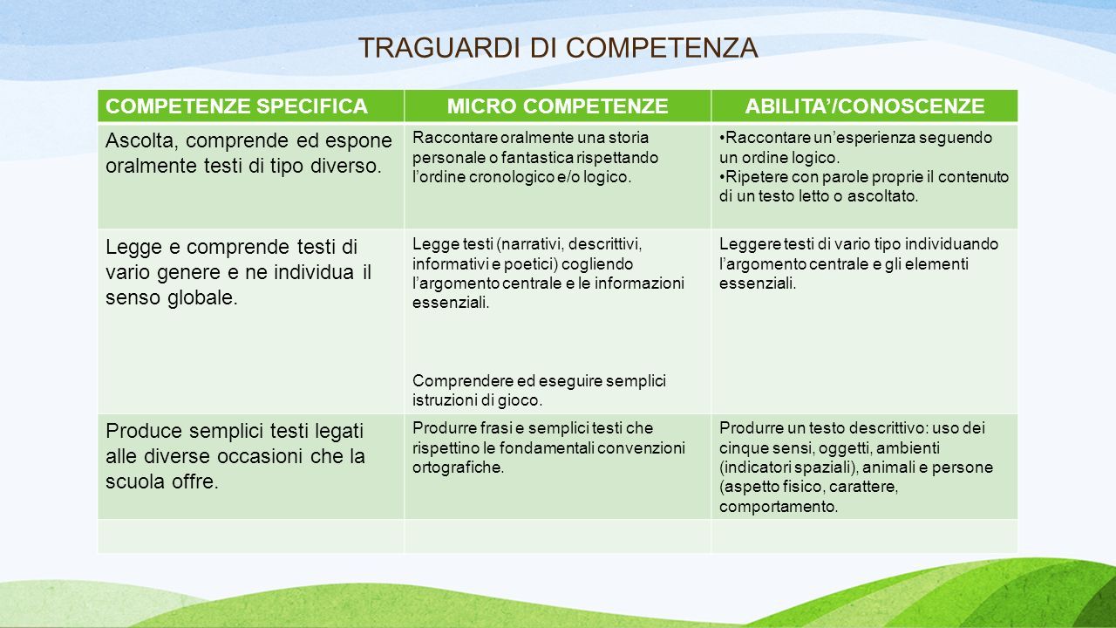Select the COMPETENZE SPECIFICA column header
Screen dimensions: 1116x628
pyautogui.click(x=236, y=106)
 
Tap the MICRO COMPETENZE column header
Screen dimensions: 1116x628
pyautogui.click(x=557, y=106)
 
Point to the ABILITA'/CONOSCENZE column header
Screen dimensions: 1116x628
pyautogui.click(x=865, y=106)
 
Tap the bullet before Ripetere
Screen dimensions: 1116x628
pyautogui.click(x=722, y=177)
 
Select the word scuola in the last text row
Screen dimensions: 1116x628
pyautogui.click(x=135, y=482)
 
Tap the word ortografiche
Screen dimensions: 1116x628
pyautogui.click(x=458, y=468)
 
